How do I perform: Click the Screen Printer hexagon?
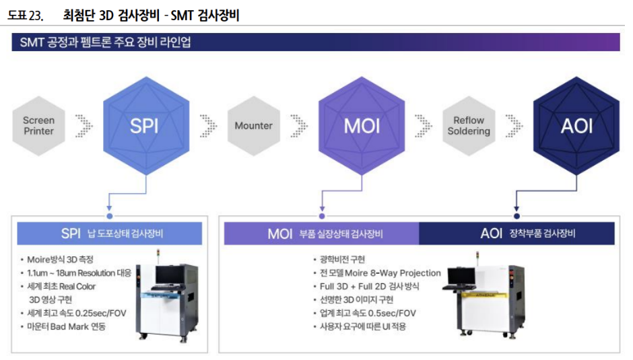pyautogui.click(x=39, y=126)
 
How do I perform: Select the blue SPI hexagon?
pyautogui.click(x=145, y=126)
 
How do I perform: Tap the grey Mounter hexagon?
pyautogui.click(x=254, y=126)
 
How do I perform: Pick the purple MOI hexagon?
pyautogui.click(x=361, y=126)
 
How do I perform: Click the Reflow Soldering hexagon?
pyautogui.click(x=469, y=126)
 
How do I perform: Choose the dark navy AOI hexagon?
pyautogui.click(x=576, y=126)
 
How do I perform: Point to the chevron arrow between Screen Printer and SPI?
pyautogui.click(x=84, y=126)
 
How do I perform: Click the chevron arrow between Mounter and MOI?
pyautogui.click(x=298, y=126)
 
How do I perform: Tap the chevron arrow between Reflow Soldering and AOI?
pyautogui.click(x=513, y=126)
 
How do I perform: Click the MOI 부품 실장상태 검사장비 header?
pyautogui.click(x=322, y=233)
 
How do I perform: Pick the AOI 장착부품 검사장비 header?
pyautogui.click(x=517, y=233)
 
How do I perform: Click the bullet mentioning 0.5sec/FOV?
pyautogui.click(x=368, y=313)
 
